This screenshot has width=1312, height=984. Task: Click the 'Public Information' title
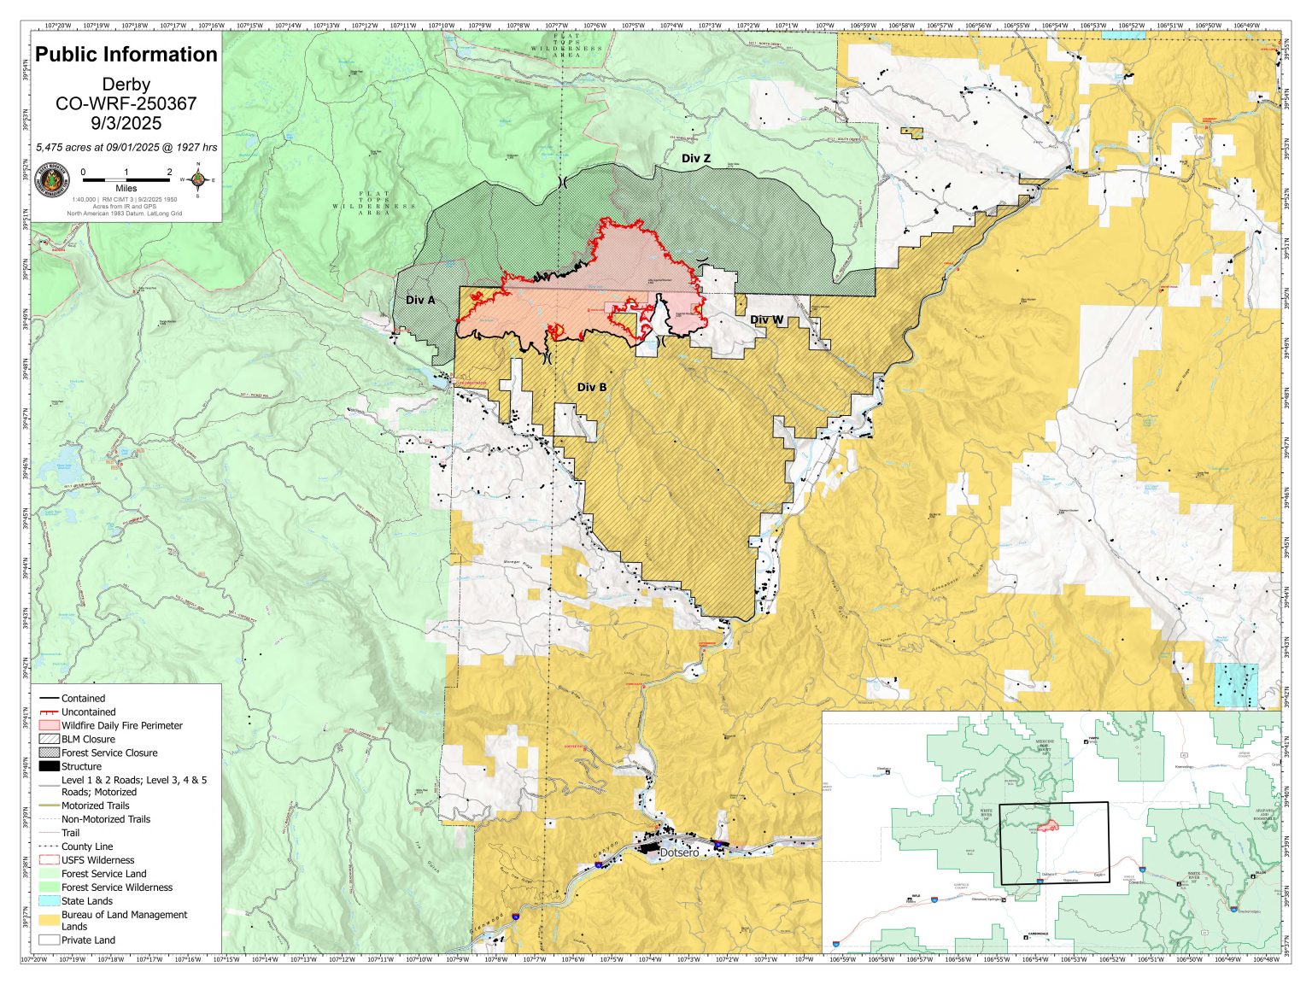tap(126, 55)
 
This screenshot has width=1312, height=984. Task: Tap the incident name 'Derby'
tap(126, 85)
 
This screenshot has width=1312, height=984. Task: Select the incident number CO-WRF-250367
tap(126, 104)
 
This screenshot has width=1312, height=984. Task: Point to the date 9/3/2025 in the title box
tap(126, 124)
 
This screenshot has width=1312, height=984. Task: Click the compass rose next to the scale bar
tap(197, 179)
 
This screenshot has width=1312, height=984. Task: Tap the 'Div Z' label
tap(695, 158)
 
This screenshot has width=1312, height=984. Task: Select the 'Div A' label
tap(420, 300)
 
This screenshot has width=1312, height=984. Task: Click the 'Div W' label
tap(766, 319)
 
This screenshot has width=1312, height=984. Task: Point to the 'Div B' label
tap(592, 387)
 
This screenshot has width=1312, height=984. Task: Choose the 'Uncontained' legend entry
tap(88, 712)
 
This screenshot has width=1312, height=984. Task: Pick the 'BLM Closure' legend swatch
tap(50, 739)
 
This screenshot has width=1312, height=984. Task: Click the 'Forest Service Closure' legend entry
tap(108, 753)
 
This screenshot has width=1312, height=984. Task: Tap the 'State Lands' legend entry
tap(86, 901)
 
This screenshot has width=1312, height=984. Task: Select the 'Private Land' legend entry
tap(88, 940)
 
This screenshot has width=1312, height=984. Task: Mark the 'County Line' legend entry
tap(86, 846)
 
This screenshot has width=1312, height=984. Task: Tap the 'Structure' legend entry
tap(81, 766)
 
